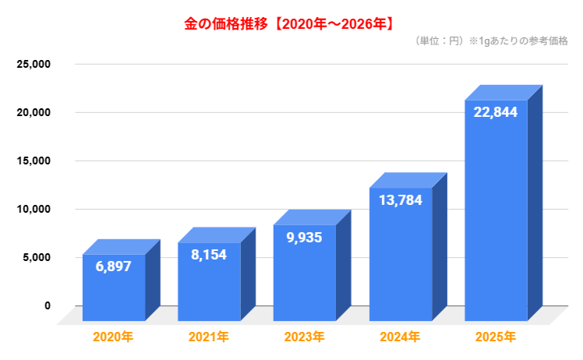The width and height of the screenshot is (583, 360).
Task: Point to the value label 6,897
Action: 114,266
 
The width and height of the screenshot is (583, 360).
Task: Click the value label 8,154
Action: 209,255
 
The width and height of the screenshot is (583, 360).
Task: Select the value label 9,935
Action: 305,238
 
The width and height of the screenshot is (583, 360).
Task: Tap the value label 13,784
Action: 401,200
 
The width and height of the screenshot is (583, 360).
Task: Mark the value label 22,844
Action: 496,112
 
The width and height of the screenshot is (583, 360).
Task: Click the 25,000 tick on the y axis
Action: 34,64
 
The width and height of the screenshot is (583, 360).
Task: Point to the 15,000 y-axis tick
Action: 34,161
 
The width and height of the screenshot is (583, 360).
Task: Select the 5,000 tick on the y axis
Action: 37,257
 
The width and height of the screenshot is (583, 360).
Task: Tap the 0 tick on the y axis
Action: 47,305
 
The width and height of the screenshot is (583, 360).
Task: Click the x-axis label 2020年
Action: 113,337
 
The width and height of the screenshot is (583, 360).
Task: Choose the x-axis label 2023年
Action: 304,337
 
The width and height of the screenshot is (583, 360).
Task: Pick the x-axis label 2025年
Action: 495,337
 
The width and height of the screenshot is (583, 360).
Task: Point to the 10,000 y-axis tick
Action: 34,209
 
